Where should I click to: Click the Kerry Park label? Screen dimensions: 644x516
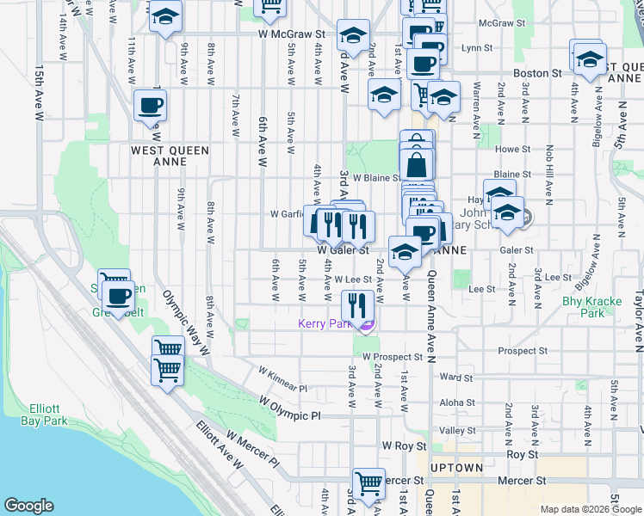pyautogui.click(x=326, y=324)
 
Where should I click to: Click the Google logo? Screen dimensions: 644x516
pyautogui.click(x=28, y=506)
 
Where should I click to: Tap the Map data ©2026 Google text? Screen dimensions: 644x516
pyautogui.click(x=590, y=509)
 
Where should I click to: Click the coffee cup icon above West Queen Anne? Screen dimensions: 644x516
pyautogui.click(x=150, y=106)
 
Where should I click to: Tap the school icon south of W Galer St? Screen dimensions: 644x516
pyautogui.click(x=404, y=251)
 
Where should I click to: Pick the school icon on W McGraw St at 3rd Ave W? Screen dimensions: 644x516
pyautogui.click(x=353, y=35)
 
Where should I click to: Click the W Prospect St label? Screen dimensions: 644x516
pyautogui.click(x=393, y=356)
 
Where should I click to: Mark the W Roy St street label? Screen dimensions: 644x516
pyautogui.click(x=404, y=446)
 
